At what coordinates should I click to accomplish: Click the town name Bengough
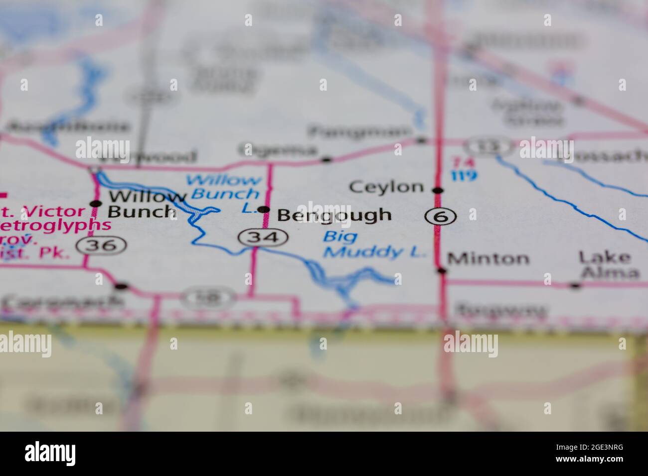334,215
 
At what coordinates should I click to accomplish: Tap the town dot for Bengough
265,210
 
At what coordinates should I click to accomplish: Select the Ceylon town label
386,187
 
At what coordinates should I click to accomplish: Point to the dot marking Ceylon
438,190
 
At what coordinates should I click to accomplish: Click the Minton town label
488,258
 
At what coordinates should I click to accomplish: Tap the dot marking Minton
441,271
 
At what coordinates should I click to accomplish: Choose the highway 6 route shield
441,216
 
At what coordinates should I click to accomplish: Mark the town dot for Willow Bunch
95,203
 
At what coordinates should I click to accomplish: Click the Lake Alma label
609,265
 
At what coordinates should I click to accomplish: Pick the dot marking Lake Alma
575,285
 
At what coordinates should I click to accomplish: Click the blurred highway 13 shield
488,147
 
